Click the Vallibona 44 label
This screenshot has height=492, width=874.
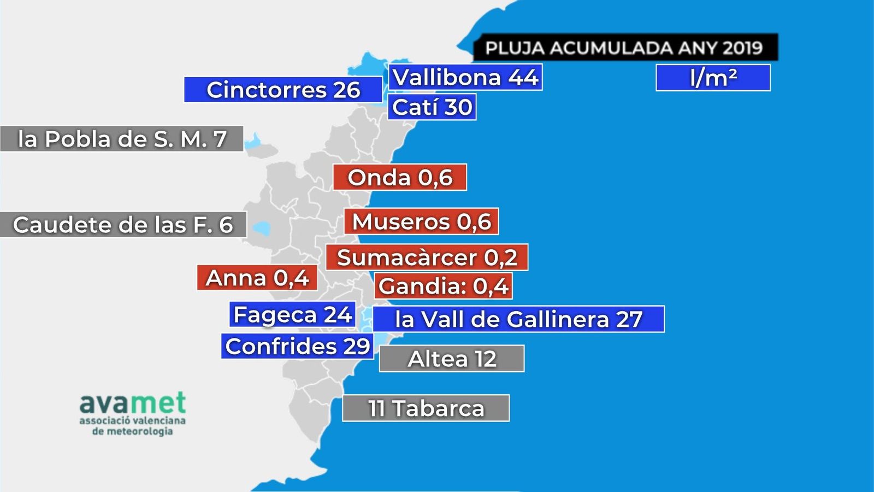click(465, 77)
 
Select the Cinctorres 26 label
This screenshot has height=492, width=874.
click(283, 90)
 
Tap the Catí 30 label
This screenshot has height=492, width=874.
click(432, 107)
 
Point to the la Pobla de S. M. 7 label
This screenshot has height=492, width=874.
click(122, 139)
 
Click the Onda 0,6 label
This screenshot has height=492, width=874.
click(400, 177)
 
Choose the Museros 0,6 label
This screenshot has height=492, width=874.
click(421, 221)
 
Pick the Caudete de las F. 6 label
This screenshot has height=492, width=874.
click(123, 225)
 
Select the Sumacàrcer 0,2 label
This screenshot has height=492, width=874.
click(427, 257)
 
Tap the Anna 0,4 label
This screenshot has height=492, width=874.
click(257, 278)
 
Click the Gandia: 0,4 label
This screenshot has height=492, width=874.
click(444, 286)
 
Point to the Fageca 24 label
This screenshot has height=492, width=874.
click(292, 315)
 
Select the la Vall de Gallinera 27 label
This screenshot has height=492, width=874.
click(518, 319)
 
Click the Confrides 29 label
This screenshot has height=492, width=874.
click(298, 346)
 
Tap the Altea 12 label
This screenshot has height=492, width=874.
click(452, 359)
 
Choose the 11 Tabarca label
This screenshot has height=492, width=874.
click(426, 408)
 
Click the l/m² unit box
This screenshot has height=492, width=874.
click(713, 78)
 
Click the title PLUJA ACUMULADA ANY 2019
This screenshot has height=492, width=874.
click(624, 48)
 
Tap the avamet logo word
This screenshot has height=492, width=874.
click(133, 403)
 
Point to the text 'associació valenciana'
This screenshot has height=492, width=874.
click(132, 421)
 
